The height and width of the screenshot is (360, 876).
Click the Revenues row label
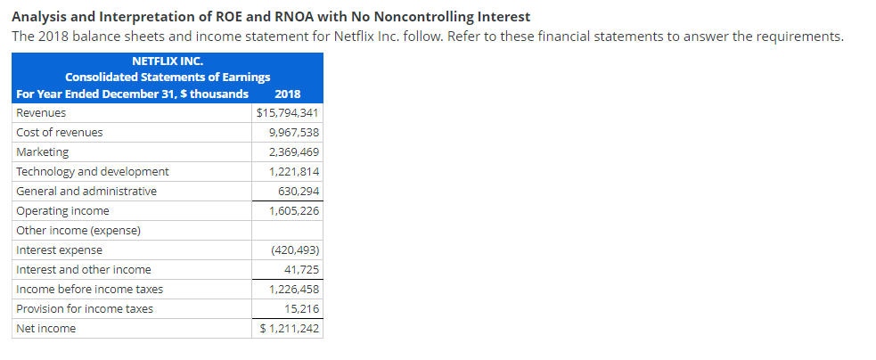coord(41,113)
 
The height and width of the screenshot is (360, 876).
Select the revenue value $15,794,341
coord(287,113)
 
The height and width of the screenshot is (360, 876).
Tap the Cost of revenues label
coord(60,133)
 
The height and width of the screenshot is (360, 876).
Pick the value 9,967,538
coord(293,133)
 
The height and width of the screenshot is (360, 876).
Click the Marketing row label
coord(43,152)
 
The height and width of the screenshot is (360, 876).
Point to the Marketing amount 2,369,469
coord(293,152)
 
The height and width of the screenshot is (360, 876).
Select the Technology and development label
coord(93,172)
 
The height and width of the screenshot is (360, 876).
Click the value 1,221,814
coord(293,172)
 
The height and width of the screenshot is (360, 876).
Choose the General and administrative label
coord(86,192)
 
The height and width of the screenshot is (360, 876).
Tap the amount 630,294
coord(299,192)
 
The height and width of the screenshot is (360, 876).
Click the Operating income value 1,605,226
coord(293,211)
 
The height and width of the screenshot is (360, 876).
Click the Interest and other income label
coord(84,270)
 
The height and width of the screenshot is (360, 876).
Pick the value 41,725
coord(301,270)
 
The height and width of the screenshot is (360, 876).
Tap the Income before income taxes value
coord(293,290)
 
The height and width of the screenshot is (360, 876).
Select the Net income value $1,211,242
coord(289,329)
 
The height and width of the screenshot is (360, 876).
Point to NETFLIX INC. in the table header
coord(168,61)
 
